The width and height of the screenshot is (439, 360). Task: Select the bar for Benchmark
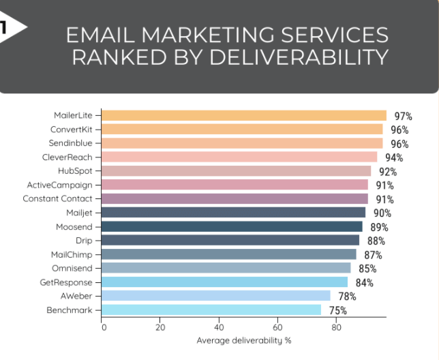tap(212, 310)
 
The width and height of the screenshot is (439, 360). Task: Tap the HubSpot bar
tap(237, 171)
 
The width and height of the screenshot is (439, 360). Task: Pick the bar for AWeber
tap(216, 296)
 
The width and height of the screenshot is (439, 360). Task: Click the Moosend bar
tap(232, 226)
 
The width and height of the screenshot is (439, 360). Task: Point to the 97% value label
tap(403, 117)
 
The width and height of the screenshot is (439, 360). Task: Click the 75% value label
tap(337, 311)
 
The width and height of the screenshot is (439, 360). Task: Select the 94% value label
tap(394, 158)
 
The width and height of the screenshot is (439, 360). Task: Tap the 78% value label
tap(347, 297)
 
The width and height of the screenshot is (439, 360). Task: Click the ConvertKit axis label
tap(72, 130)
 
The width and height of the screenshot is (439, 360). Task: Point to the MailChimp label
tap(72, 254)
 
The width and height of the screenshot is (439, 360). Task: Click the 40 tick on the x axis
tap(219, 327)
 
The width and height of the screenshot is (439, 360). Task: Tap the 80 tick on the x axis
tap(336, 327)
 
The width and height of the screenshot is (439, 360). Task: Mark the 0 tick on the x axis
tap(104, 327)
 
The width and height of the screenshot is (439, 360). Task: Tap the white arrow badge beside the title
tap(12, 27)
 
